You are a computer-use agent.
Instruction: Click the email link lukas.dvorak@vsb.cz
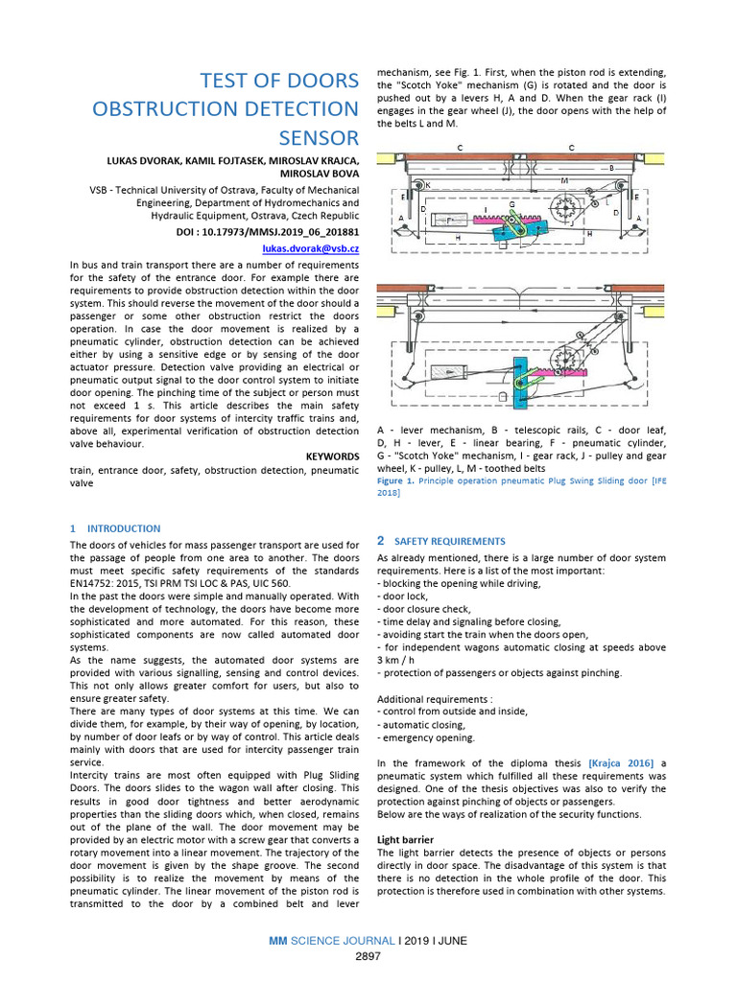pyautogui.click(x=313, y=248)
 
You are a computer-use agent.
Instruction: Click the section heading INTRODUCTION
pyautogui.click(x=124, y=528)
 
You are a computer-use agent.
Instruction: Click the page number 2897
pyautogui.click(x=368, y=957)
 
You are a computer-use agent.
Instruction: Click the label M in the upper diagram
pyautogui.click(x=563, y=179)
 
